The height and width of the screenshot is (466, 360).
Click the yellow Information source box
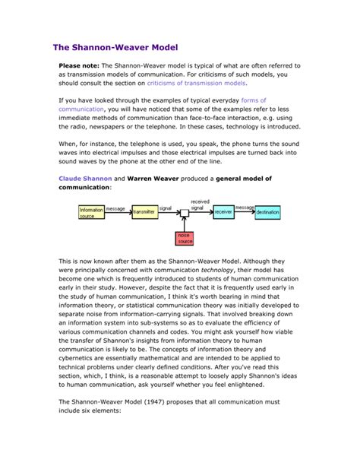91,212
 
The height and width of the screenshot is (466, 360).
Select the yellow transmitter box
144,213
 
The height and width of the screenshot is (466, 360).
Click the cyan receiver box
223,212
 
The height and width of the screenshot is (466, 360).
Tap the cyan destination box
267,212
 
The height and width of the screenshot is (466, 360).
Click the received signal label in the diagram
200,204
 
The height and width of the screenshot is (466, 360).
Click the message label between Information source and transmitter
115,208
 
